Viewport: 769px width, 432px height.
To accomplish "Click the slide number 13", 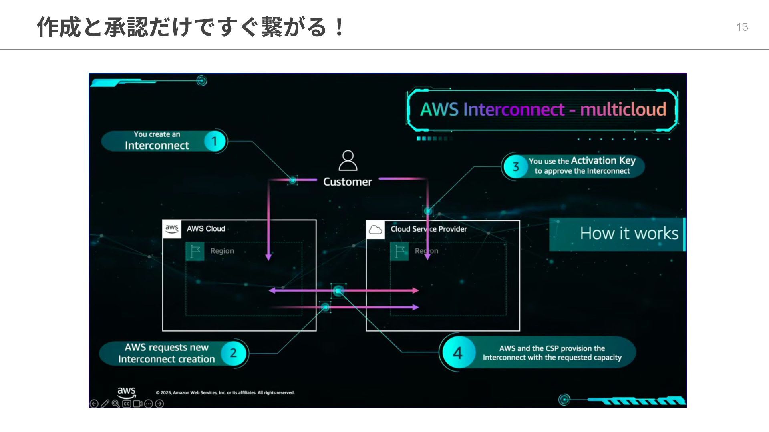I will [742, 27].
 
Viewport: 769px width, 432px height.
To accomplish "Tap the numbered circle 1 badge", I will [215, 141].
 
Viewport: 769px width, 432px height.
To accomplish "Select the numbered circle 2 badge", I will [233, 353].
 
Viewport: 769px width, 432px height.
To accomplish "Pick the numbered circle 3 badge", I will [515, 166].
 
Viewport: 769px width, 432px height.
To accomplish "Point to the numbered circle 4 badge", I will [457, 353].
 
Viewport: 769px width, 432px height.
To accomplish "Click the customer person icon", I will [348, 161].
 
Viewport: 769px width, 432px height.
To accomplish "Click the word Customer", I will [348, 182].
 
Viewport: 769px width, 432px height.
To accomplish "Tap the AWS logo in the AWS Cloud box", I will [172, 228].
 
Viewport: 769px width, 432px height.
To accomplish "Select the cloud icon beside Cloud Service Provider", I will [375, 230].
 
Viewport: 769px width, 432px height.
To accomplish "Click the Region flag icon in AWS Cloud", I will [195, 252].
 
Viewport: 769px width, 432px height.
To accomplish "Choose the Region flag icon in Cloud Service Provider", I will [399, 252].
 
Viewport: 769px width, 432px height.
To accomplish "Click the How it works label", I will [629, 234].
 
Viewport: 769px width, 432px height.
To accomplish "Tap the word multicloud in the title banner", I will [623, 109].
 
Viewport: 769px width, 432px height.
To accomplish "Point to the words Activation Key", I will [603, 160].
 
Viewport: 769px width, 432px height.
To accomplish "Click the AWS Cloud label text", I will [206, 229].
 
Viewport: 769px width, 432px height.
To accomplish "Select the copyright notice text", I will [225, 393].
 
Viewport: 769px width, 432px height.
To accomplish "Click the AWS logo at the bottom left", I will [126, 392].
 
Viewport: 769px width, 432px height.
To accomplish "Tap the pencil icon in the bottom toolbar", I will [105, 404].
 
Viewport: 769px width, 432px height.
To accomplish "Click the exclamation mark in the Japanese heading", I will [339, 27].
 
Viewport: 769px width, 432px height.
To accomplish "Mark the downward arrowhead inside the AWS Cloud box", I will [268, 257].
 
